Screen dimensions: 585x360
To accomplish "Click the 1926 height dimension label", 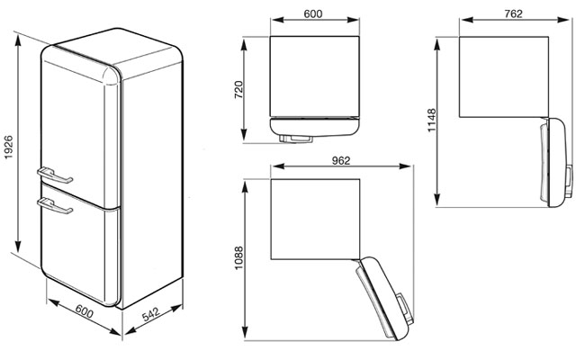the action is (x=8, y=148).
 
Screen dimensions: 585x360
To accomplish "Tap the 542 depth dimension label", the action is (x=150, y=314).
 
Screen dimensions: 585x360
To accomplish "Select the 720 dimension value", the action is (x=238, y=89).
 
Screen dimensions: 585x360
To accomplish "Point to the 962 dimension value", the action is (x=341, y=160).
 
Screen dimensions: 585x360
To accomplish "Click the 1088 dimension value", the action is (x=238, y=258).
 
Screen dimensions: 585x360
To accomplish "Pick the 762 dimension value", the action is (x=513, y=13).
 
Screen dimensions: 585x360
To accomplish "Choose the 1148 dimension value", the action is (x=431, y=120).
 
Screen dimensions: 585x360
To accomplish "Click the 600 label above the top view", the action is (x=312, y=13).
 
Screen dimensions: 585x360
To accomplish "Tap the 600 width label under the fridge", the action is (x=85, y=311).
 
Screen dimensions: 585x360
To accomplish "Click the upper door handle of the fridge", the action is (x=55, y=175).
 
